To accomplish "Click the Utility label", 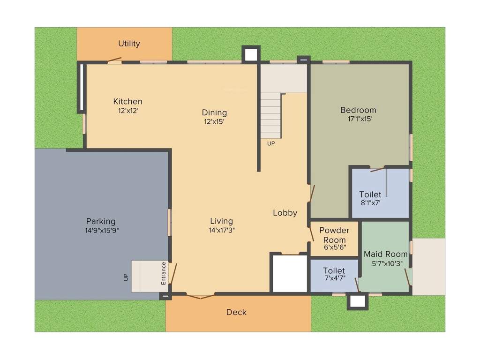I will [x=129, y=44].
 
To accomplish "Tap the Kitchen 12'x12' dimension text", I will [x=128, y=111].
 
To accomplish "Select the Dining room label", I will [x=214, y=112].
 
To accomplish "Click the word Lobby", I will [x=285, y=213].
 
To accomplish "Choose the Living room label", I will [x=221, y=221].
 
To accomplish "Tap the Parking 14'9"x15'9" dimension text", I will [x=101, y=230].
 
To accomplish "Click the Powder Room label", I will [x=334, y=235].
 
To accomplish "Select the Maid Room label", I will [x=386, y=255].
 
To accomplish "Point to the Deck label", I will [x=236, y=312].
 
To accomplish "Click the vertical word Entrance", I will [x=164, y=273].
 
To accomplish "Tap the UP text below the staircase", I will [x=271, y=143].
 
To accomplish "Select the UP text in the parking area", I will [x=126, y=277].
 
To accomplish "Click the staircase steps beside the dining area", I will [x=271, y=115].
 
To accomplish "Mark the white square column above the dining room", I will [x=251, y=54].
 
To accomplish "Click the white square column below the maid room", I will [x=357, y=301].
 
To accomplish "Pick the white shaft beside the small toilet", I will [x=290, y=274].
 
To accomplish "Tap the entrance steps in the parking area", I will [x=145, y=276].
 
